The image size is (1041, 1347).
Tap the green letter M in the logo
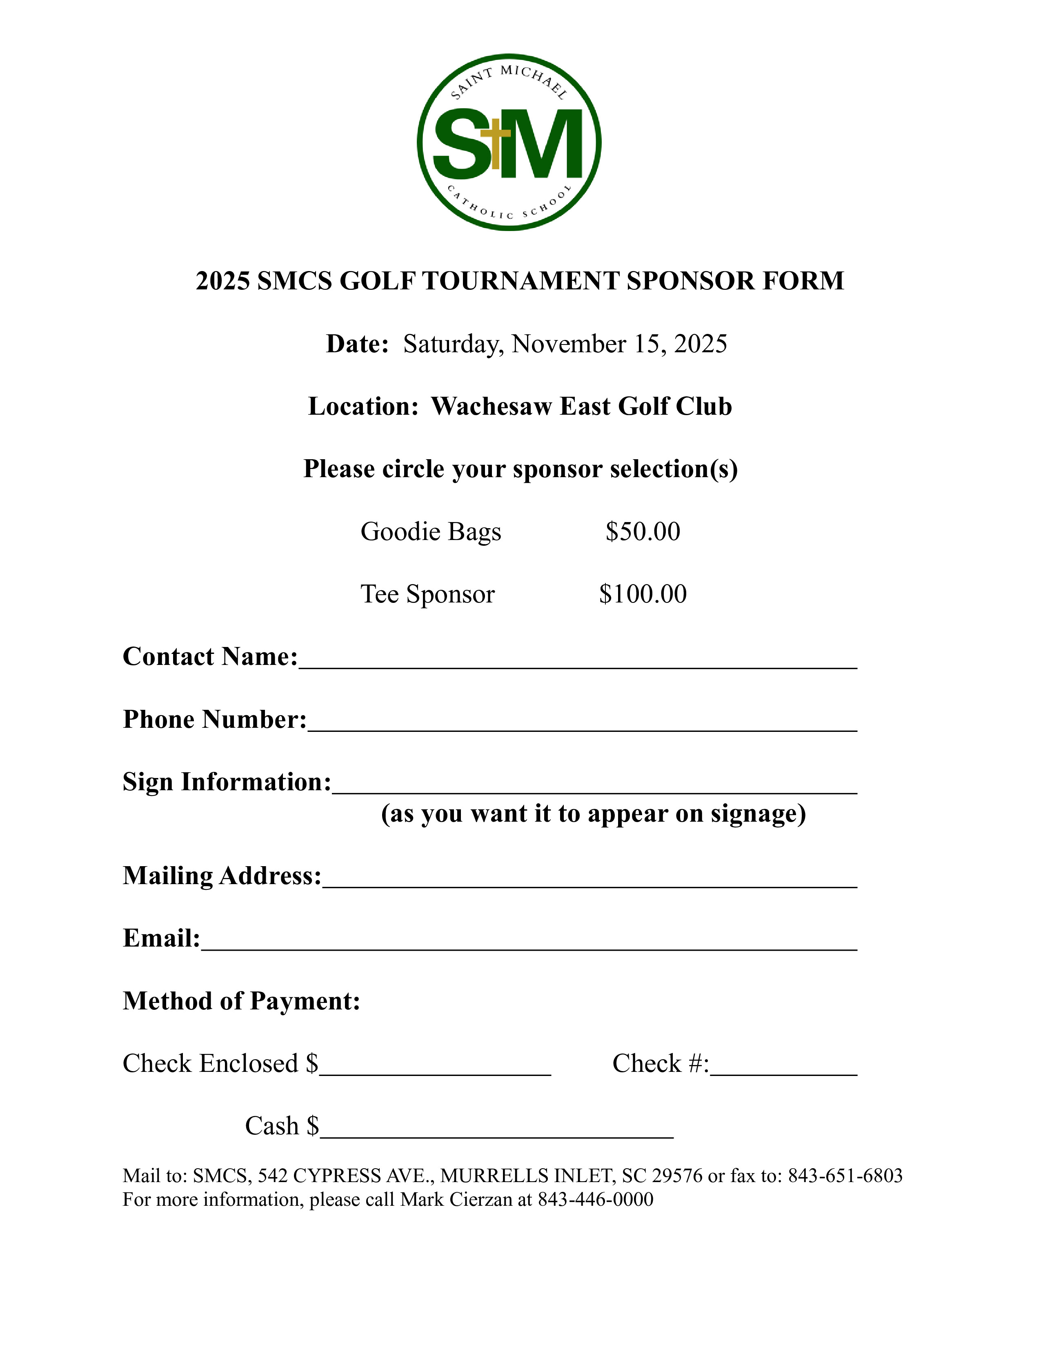pos(546,143)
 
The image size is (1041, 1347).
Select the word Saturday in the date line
pos(450,344)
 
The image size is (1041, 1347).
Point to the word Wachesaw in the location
pos(491,407)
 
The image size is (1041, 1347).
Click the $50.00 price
pos(643,531)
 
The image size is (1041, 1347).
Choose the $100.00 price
pos(643,594)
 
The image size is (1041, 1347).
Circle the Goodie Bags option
pos(430,531)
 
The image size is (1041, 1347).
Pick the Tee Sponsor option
pos(427,594)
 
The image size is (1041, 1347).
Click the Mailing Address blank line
pos(589,880)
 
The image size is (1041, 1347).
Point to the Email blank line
pos(529,943)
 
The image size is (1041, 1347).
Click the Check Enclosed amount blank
pos(435,1068)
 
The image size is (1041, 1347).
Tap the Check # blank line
pos(784,1068)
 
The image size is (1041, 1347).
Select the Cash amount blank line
pos(496,1131)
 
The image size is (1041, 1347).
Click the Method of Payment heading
pos(241,1001)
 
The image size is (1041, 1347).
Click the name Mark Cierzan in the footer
pos(456,1199)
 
